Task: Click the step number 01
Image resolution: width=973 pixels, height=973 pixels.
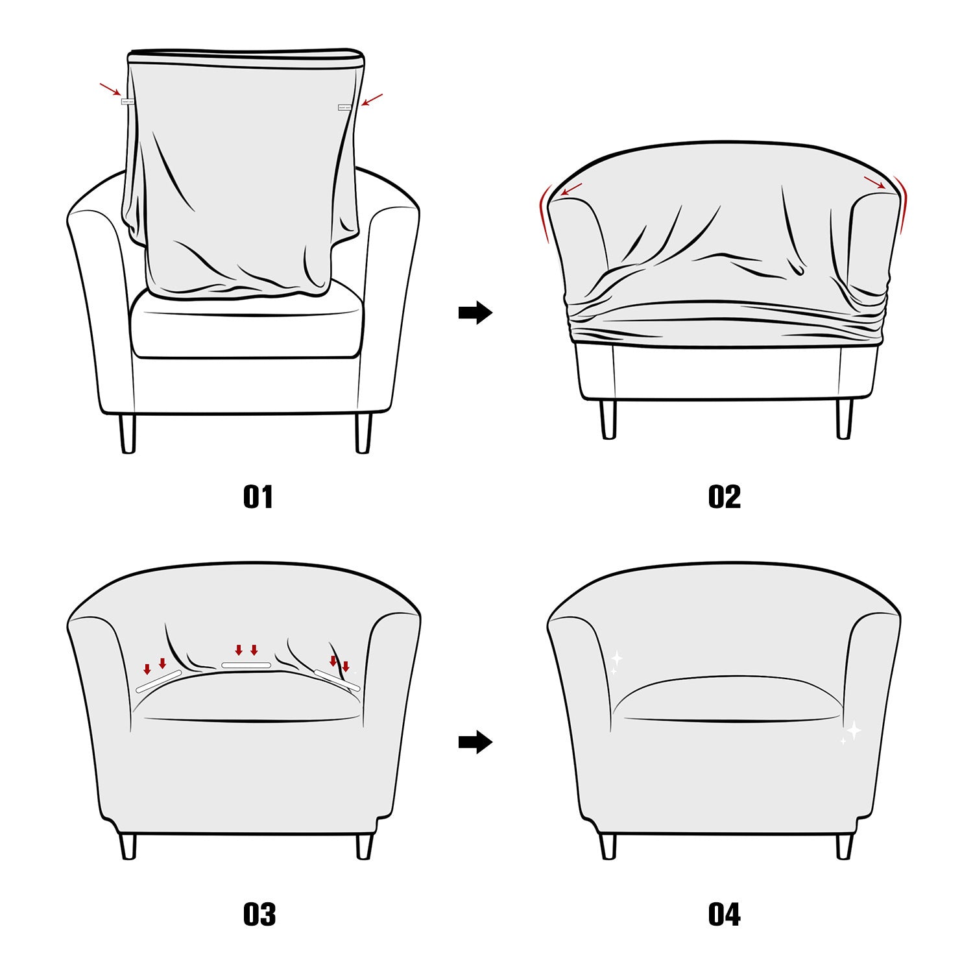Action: [258, 497]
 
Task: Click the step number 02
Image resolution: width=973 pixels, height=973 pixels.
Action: [724, 497]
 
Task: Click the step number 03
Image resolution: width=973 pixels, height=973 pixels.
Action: [259, 914]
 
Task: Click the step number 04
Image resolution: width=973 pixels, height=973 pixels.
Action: [724, 914]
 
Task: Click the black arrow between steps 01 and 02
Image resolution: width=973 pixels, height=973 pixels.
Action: [475, 313]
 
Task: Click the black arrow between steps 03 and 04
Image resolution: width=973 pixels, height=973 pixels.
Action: [475, 742]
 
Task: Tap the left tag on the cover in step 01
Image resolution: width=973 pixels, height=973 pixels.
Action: [127, 101]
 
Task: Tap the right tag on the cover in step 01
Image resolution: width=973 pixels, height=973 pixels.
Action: [344, 108]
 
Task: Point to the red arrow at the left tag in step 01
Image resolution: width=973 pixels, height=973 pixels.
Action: [110, 90]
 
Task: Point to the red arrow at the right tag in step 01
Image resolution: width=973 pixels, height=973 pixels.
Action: [372, 100]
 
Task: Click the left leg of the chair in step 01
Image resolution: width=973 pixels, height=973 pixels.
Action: [128, 433]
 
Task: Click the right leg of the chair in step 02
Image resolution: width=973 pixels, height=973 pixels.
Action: [844, 419]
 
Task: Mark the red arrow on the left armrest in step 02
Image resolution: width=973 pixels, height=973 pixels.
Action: [571, 189]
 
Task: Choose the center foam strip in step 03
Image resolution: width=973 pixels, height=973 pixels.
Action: [246, 666]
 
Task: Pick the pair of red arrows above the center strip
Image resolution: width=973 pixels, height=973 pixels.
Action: [246, 650]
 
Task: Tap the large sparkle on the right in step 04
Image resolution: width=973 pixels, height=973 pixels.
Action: [854, 730]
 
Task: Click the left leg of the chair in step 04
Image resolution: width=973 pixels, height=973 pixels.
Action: [608, 846]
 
